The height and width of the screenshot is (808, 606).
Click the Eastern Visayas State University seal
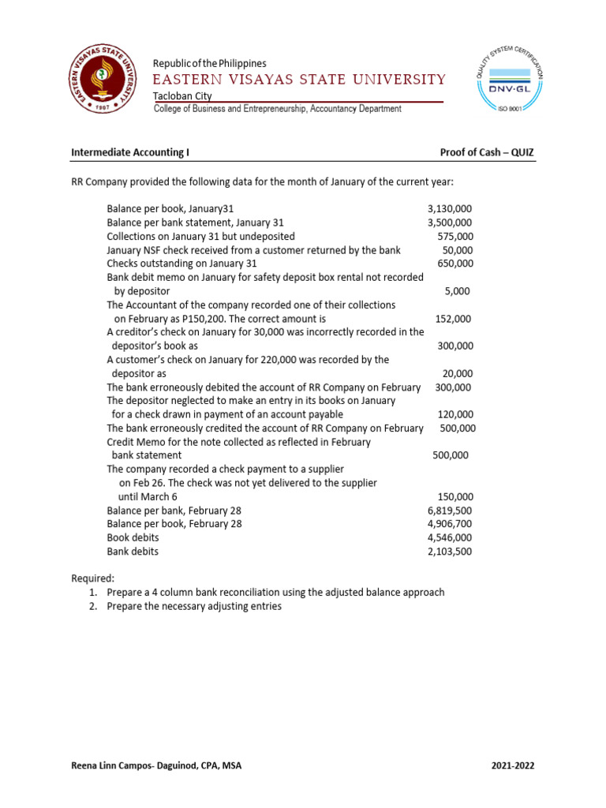100,80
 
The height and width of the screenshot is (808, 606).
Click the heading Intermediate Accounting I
130,152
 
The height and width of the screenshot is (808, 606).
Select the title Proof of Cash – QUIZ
488,152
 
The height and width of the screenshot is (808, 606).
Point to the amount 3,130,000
449,208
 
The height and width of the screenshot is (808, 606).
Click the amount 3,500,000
449,223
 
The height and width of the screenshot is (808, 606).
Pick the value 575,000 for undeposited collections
455,236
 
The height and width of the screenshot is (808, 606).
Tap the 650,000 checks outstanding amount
455,264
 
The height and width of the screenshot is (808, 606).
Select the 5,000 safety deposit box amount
457,291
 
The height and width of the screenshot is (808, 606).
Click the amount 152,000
454,319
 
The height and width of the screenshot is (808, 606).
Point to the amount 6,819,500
449,511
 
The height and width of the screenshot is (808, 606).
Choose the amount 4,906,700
449,524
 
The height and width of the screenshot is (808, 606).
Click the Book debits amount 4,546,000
449,538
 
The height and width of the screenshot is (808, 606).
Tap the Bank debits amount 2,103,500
449,552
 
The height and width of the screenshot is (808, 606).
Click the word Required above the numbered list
93,578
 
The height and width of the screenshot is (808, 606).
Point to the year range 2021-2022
517,765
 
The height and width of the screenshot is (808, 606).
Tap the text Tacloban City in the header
182,95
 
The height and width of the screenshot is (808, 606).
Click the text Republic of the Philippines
209,63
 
